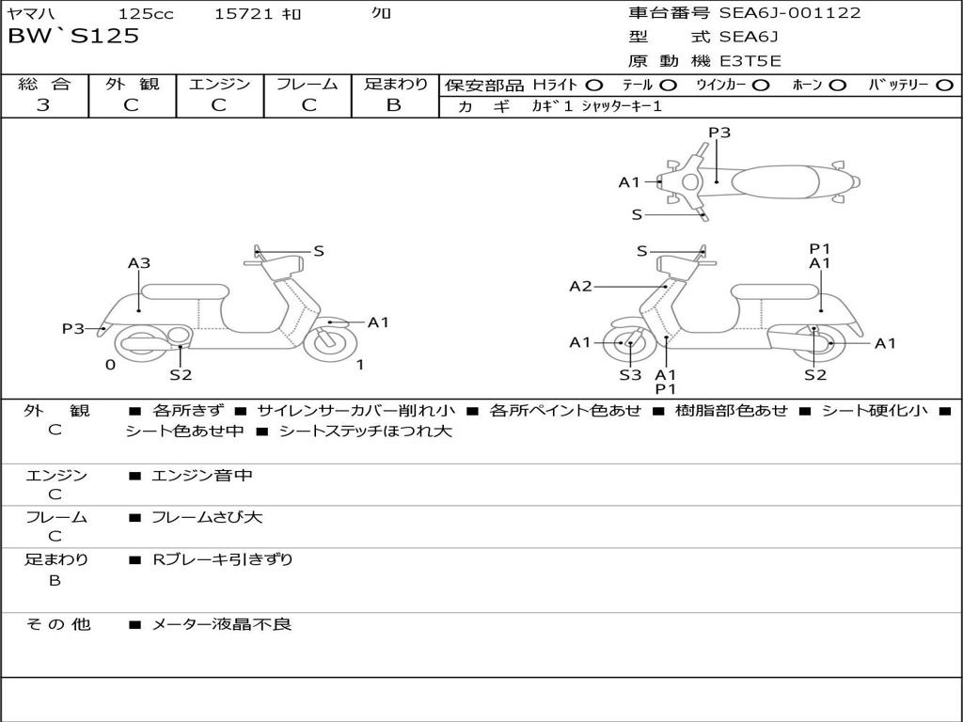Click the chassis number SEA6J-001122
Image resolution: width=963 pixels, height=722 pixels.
[790, 13]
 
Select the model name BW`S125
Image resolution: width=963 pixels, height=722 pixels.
[73, 37]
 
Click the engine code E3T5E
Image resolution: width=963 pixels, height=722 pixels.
[750, 61]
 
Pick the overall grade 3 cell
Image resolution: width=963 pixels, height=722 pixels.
[43, 105]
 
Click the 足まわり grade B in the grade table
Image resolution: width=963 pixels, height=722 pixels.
[394, 105]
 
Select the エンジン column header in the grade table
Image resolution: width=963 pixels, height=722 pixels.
[219, 85]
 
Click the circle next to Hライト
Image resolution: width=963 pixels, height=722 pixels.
[594, 86]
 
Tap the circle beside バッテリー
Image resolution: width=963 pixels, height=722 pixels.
[944, 86]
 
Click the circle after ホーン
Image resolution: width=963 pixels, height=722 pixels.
[837, 86]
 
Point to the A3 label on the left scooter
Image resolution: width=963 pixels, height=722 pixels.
[139, 264]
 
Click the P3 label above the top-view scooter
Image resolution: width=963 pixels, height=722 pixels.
[719, 133]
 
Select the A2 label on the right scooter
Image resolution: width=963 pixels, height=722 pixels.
[580, 287]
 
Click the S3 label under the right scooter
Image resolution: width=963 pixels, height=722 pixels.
[629, 375]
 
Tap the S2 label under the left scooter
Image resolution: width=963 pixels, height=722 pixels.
[181, 375]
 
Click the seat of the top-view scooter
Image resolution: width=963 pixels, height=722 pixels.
[773, 180]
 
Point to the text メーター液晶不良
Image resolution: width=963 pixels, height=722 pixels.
[222, 624]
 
